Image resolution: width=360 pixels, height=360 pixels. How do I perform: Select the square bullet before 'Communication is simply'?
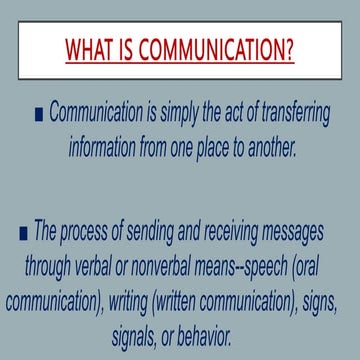coord(38,116)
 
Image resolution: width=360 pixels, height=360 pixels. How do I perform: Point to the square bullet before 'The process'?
coord(24,234)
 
